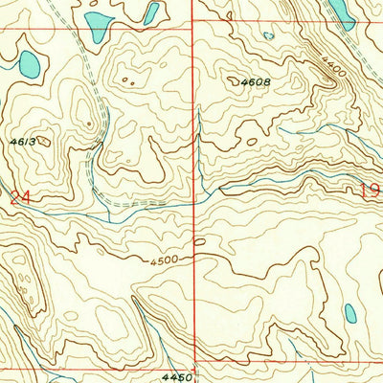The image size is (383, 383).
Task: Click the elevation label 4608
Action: (256, 82)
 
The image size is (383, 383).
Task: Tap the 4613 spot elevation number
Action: (24, 141)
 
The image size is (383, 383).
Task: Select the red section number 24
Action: (20, 197)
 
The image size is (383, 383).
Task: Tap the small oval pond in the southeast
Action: (350, 313)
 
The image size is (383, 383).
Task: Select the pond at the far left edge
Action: (29, 64)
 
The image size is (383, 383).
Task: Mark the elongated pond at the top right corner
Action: (339, 9)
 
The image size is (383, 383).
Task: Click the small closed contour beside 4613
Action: (45, 141)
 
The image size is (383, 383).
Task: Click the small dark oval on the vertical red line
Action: (198, 242)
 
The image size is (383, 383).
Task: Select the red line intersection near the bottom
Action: (194, 363)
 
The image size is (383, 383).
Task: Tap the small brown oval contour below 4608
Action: (251, 143)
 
